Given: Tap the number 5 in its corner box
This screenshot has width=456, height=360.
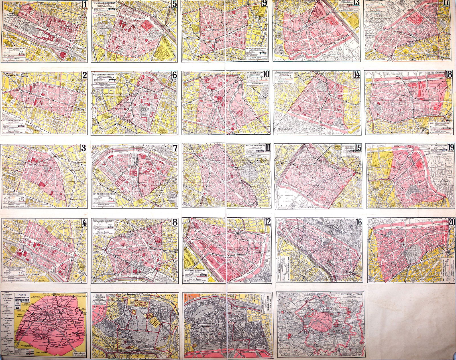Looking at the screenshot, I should pos(175,4).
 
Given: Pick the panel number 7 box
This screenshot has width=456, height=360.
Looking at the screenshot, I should pos(175,148).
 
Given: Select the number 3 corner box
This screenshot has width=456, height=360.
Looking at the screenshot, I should pos(84,148).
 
